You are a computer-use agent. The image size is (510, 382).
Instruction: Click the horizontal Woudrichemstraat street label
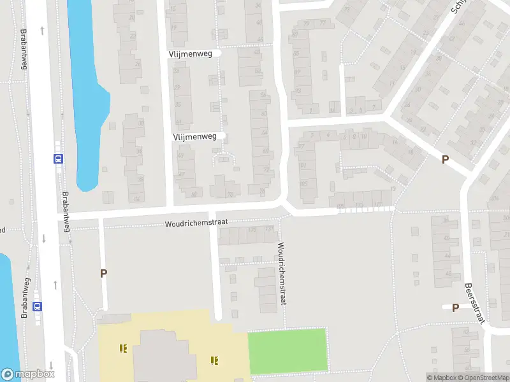click(196, 224)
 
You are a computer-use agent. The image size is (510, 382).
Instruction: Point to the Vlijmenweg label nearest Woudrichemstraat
click(194, 136)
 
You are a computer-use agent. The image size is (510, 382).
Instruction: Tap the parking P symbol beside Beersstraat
click(455, 308)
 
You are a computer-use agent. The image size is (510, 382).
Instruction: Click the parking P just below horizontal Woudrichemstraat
click(103, 273)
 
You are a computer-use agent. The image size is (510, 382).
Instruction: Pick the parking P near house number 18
click(445, 160)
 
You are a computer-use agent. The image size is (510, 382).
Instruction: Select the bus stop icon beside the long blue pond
click(58, 159)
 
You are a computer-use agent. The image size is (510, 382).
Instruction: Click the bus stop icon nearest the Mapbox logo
click(38, 306)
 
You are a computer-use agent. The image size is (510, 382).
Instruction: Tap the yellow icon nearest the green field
click(215, 360)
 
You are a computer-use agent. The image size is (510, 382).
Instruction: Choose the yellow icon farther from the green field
click(122, 348)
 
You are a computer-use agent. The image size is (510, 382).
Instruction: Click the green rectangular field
click(287, 351)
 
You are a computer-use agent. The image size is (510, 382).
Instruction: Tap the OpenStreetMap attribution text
click(487, 378)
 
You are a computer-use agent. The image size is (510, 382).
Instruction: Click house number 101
click(303, 166)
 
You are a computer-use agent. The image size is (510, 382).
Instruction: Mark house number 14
click(395, 143)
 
